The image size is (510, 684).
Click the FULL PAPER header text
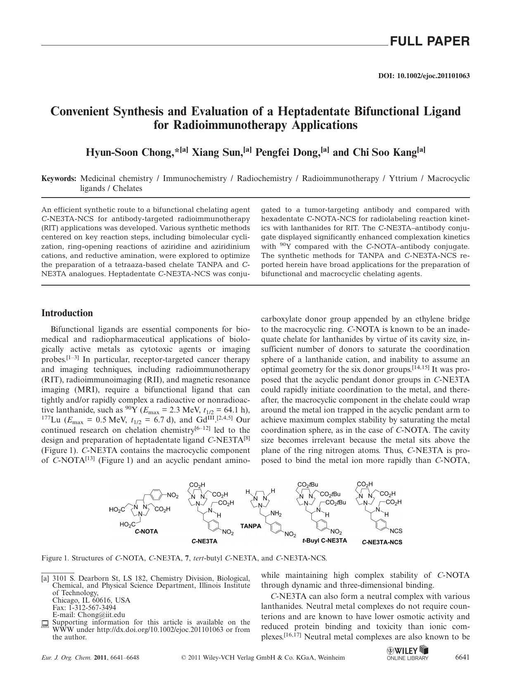tap(429, 41)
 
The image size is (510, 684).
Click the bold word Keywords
tap(59, 179)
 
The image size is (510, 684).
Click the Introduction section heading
tap(67, 313)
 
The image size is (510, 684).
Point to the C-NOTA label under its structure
tap(146, 531)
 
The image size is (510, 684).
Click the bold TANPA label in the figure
tap(251, 526)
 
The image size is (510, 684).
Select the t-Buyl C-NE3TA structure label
tap(325, 540)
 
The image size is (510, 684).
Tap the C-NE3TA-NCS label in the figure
tap(382, 542)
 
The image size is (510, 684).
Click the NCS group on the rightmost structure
tap(396, 531)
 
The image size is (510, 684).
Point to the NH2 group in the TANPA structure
tap(276, 514)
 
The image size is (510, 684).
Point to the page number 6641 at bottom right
tap(462, 657)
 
